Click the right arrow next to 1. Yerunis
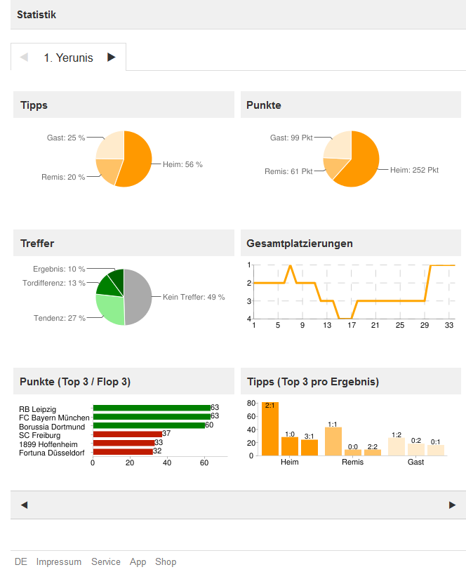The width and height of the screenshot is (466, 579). click(112, 58)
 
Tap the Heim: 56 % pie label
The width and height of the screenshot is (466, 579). click(182, 164)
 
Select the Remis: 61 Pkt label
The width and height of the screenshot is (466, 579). click(288, 171)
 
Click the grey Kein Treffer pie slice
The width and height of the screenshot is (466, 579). click(138, 297)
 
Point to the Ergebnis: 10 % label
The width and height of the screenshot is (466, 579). click(59, 269)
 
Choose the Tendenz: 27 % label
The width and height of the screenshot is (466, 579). click(60, 318)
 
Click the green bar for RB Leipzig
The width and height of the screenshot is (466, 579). click(151, 408)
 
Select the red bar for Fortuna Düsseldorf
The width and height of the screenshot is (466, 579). click(123, 451)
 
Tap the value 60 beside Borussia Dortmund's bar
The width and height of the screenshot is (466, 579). click(209, 425)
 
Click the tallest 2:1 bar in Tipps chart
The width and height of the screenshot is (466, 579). click(270, 430)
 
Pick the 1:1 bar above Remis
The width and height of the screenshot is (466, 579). click(333, 441)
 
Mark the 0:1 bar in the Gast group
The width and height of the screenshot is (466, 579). click(436, 450)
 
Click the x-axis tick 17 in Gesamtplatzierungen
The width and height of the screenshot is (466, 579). click(352, 326)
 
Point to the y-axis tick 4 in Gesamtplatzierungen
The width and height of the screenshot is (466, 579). click(249, 319)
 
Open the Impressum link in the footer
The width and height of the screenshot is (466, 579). click(59, 561)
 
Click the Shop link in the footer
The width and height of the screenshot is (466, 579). click(166, 561)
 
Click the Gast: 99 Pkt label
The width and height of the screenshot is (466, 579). click(291, 138)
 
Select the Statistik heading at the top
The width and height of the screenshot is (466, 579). click(36, 15)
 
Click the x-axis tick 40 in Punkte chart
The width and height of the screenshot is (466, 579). click(167, 463)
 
